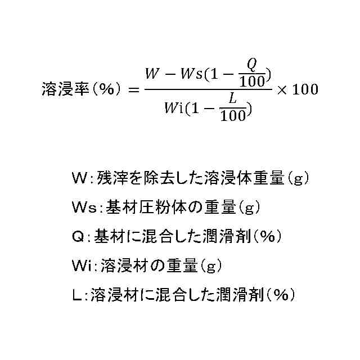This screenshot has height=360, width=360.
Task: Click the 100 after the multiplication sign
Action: (305, 89)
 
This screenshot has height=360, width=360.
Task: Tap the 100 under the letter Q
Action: (251, 82)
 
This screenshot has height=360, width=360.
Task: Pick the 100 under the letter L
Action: (233, 116)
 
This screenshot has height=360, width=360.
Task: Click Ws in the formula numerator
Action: (188, 74)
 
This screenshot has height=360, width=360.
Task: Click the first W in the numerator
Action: (152, 74)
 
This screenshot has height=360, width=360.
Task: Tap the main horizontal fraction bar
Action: (208, 89)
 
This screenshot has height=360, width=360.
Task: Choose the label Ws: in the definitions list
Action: (86, 208)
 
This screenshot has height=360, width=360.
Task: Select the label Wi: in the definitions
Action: (84, 265)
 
